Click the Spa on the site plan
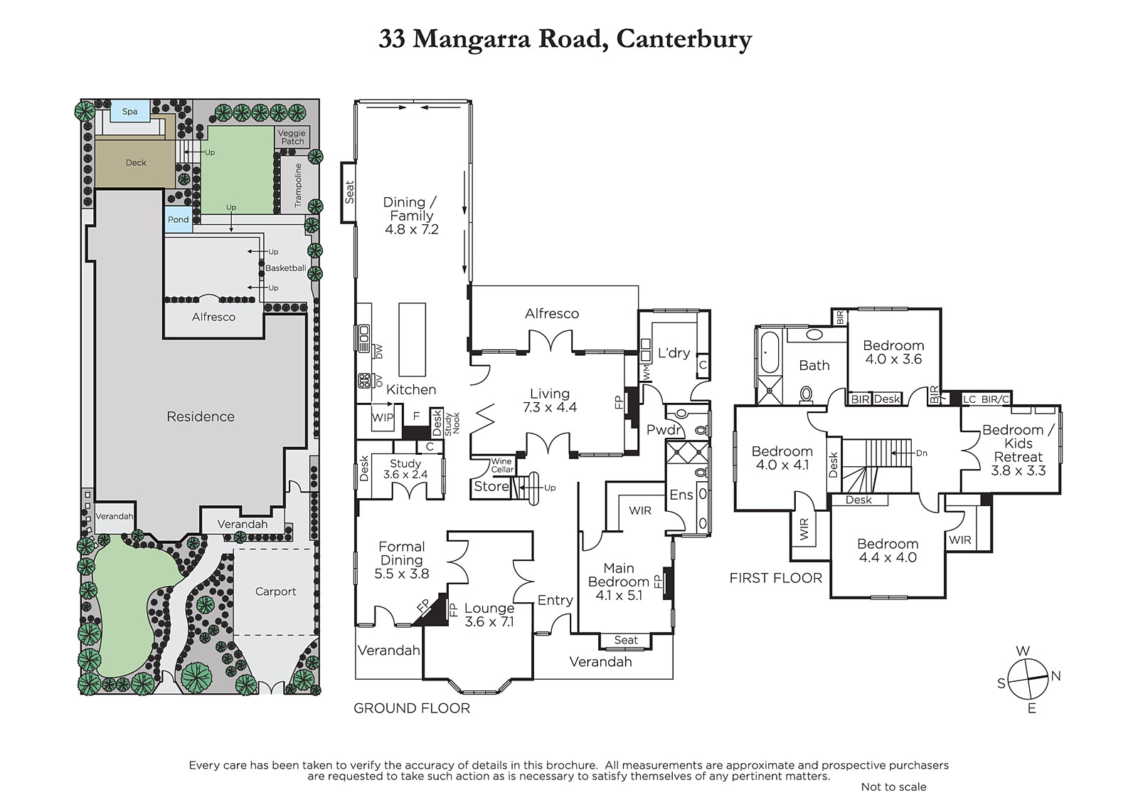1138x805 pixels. (130, 111)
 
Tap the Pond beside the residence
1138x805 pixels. (179, 220)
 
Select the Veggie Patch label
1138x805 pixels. (292, 137)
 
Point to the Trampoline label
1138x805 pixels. (298, 185)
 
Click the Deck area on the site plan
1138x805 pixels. (135, 163)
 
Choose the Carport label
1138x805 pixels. (275, 591)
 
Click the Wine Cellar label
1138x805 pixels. (502, 465)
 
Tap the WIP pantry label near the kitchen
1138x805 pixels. (383, 418)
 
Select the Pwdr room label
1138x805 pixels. (664, 430)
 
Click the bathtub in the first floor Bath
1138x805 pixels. (770, 353)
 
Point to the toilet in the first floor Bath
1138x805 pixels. (807, 394)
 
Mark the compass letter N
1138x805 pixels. (1055, 676)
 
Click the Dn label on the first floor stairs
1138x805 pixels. (922, 453)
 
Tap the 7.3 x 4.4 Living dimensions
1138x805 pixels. (550, 407)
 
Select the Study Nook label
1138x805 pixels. (452, 423)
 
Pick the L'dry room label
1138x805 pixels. (674, 353)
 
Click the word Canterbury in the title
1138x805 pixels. (684, 39)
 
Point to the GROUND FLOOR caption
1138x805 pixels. (412, 708)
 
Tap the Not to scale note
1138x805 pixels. (893, 786)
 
